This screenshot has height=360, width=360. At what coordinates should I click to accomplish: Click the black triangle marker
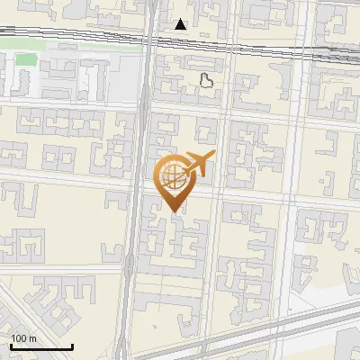pos(181,24)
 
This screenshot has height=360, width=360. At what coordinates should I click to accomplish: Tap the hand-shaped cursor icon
pos(207,81)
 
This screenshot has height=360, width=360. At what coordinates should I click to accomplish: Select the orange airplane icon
pos(196,165)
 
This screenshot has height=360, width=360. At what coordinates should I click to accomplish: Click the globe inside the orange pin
pos(172,176)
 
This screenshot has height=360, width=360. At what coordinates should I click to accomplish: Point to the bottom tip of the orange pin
pos(174,211)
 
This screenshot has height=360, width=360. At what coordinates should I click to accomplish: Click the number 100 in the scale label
pos(19,338)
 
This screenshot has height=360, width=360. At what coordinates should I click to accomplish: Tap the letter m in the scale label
pos(32,338)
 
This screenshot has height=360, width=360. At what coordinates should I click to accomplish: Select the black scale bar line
pos(41,346)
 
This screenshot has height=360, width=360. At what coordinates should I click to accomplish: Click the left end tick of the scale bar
pos(11,345)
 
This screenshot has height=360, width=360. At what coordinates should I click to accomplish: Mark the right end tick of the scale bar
pos(72,345)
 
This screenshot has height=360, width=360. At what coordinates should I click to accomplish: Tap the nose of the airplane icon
pos(214,157)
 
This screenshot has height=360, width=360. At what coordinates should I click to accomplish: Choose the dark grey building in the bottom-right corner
pos(349,346)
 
